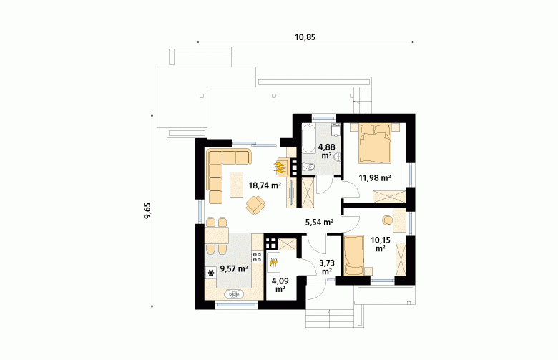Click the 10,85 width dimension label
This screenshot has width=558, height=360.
305,37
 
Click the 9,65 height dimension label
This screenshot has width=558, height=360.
147,211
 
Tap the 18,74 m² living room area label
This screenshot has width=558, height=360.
265,185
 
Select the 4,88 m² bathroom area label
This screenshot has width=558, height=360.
327,151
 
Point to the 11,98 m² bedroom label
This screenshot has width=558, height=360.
375,177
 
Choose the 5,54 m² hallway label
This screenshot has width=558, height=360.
319,223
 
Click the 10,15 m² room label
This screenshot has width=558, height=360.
381,244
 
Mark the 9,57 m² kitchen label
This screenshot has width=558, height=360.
234,268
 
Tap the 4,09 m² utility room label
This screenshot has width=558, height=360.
280,285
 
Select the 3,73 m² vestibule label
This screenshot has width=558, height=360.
327,267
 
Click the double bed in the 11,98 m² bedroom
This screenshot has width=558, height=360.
375,143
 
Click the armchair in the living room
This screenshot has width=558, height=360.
255,205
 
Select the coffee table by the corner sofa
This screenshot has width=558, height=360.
237,184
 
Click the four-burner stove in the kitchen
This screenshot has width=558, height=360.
258,257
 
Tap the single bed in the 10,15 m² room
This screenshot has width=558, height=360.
353,255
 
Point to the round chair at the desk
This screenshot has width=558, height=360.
387,220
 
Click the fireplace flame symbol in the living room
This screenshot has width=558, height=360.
280,167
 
